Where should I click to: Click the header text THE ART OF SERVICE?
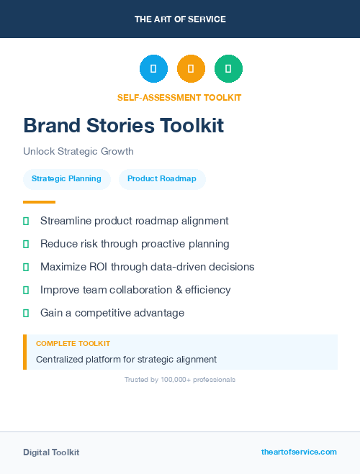coord(180,19)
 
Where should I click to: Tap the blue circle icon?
coord(153,69)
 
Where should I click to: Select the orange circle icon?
coord(191,69)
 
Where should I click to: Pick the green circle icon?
coord(228,69)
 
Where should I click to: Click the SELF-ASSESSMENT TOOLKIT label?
coord(179,98)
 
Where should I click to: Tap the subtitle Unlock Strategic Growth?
coord(78,152)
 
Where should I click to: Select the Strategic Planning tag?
coord(66,179)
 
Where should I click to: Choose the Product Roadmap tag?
coord(161,179)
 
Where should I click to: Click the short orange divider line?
coord(39,202)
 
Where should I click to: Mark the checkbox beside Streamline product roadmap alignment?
coord(26,221)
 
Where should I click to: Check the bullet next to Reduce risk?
coord(26,244)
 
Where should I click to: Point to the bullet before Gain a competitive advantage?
coord(26,313)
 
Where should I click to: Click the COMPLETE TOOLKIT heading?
coord(73,344)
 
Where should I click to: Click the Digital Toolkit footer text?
coord(51,452)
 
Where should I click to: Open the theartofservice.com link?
coord(299,452)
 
